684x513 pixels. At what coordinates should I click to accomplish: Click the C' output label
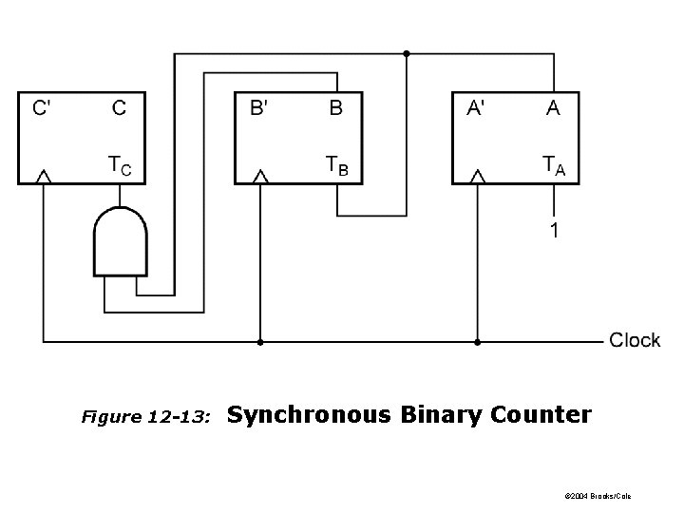point(43,108)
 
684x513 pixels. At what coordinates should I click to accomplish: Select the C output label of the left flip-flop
point(119,108)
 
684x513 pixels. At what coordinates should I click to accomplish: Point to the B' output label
point(258,108)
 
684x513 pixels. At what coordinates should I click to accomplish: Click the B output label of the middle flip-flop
point(335,108)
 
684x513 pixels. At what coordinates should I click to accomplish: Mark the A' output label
point(477,108)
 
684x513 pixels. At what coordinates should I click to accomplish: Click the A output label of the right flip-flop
point(553,108)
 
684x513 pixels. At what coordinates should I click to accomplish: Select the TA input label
point(554,166)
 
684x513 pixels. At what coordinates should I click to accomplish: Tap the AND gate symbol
point(120,241)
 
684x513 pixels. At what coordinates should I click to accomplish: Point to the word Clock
point(634,340)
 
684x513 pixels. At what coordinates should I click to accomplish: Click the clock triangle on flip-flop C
point(43,177)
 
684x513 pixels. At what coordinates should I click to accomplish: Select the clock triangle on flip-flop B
point(260,177)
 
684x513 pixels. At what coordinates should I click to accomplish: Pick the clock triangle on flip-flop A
point(478,177)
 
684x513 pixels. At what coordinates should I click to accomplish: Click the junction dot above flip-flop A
point(407,54)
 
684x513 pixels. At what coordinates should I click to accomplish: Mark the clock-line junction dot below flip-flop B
point(260,340)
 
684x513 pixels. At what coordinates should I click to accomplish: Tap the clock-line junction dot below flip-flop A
point(478,340)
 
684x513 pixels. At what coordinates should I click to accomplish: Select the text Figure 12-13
point(145,417)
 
